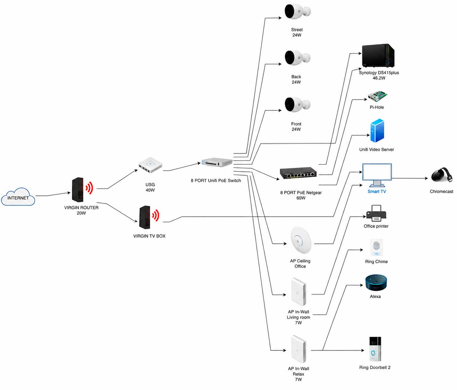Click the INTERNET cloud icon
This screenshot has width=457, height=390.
(18, 197)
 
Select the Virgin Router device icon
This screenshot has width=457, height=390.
(82, 190)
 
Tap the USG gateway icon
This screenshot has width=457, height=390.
(150, 165)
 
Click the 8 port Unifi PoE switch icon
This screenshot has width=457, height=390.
(217, 162)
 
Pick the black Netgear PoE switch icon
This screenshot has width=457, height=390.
(298, 173)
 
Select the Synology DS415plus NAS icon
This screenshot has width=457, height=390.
(378, 56)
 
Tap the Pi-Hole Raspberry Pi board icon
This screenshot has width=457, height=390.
(378, 96)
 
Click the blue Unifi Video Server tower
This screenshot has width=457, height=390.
(377, 131)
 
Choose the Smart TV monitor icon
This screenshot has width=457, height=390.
(377, 175)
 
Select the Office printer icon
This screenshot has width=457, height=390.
(376, 213)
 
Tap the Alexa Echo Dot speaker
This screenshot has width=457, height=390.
(376, 283)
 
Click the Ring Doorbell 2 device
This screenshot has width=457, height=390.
(375, 349)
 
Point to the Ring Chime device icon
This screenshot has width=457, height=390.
(376, 247)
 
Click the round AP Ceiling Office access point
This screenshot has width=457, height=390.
(301, 240)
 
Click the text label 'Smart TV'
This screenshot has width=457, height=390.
(377, 191)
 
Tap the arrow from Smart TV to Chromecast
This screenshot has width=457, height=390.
(410, 178)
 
